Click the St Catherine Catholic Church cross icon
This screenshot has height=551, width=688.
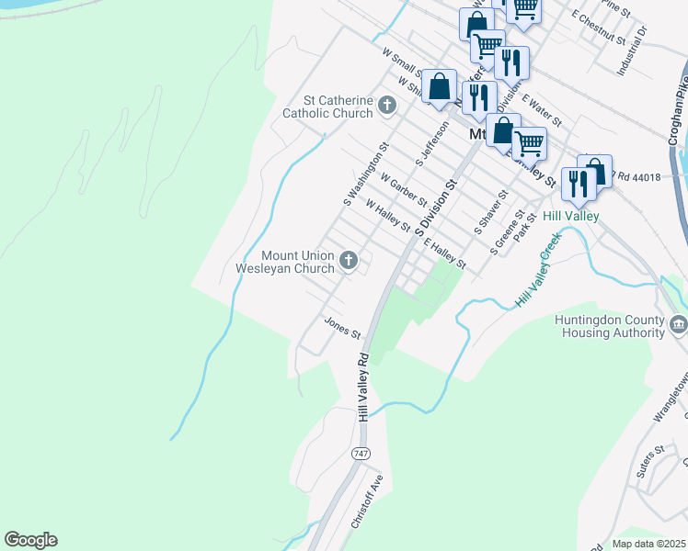point(386,107)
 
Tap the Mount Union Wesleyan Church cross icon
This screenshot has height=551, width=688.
point(348,262)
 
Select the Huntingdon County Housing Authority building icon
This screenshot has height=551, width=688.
point(678,324)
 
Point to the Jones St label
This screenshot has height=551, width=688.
point(341,327)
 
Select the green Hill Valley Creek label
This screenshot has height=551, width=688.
point(538,269)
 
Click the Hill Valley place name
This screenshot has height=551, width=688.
point(570,216)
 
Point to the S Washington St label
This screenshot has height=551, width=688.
point(367,173)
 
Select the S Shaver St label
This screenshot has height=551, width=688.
point(491,211)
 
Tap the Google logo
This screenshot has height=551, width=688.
point(30,540)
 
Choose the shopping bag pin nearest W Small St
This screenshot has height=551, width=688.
point(441,86)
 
